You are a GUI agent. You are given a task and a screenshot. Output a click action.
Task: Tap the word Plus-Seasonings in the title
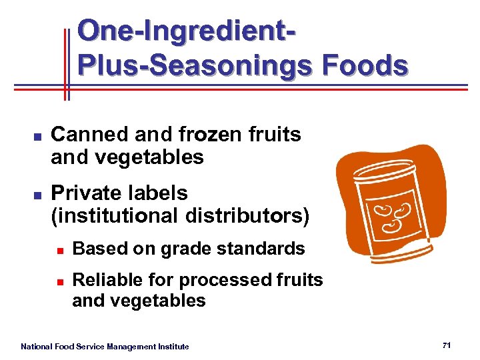[x=195, y=65]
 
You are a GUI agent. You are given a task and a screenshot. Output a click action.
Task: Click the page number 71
[x=447, y=345]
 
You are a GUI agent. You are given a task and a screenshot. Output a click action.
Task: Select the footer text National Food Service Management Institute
[x=105, y=347]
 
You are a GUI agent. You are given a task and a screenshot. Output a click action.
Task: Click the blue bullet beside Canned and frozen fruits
[x=37, y=136]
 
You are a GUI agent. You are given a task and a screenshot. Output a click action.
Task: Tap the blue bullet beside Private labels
[x=37, y=195]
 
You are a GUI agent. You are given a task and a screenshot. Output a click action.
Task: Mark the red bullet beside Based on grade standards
[x=59, y=251]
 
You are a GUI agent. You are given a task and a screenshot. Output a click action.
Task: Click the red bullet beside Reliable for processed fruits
[x=59, y=281]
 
